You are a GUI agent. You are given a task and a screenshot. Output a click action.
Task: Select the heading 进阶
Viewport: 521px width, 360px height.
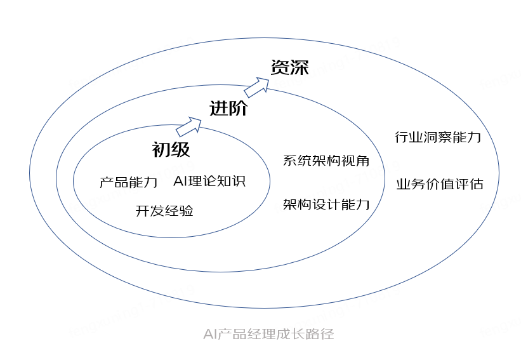tap(228, 109)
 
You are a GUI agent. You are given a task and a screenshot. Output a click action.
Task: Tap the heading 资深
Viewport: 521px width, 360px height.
tap(290, 67)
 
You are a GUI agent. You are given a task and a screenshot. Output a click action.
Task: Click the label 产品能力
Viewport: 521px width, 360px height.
tap(129, 183)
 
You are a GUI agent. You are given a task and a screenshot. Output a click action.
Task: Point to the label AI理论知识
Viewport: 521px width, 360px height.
tap(209, 182)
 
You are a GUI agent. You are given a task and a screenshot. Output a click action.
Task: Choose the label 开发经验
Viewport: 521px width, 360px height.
tap(164, 211)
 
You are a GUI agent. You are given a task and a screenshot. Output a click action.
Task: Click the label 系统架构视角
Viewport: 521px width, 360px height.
tap(326, 161)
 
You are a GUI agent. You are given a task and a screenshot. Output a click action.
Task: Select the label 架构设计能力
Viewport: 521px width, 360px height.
tap(326, 204)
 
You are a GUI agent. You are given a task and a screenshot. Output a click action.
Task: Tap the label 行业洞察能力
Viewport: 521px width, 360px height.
tap(438, 137)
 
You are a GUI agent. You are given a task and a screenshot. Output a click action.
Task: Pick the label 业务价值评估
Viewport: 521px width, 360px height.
tap(440, 184)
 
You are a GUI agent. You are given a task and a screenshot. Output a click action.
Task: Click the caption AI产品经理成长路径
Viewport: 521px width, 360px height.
tap(268, 334)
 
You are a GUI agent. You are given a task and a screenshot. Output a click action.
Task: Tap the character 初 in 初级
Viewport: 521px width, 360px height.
tap(161, 150)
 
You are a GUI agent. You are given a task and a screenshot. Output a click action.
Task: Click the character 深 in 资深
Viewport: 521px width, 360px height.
tap(300, 67)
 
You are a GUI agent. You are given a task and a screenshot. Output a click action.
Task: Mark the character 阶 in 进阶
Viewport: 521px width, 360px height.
tap(238, 109)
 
